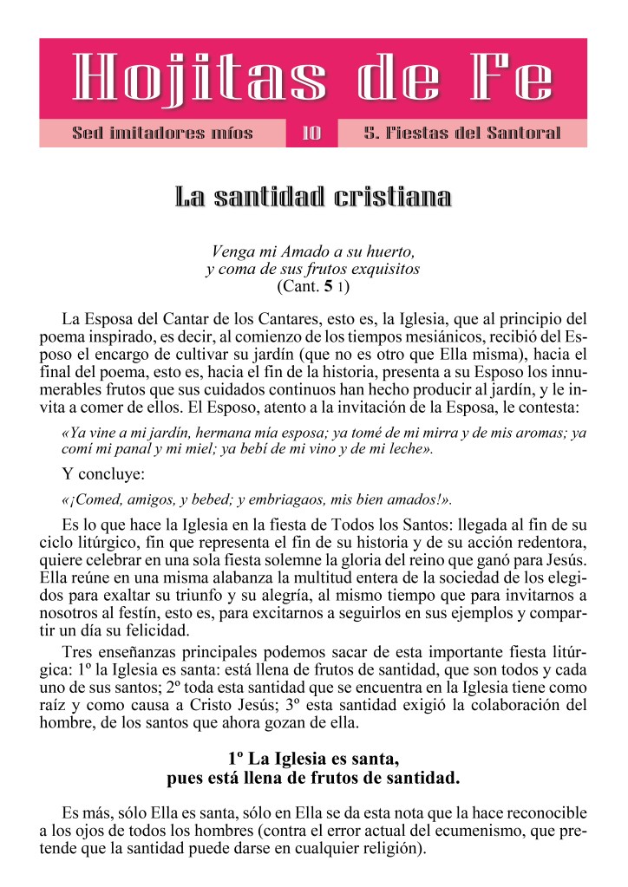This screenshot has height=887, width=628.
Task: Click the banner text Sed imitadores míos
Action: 162,134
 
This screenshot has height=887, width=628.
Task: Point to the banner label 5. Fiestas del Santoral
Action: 462,134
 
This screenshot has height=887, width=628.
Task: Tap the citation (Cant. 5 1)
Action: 313,285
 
